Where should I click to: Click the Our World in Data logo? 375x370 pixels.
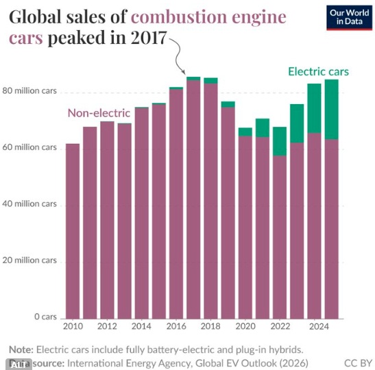click(x=349, y=18)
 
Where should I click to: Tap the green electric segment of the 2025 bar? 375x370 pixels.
click(x=332, y=110)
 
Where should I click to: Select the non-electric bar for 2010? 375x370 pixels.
click(x=73, y=231)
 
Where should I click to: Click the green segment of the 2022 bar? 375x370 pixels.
click(x=280, y=141)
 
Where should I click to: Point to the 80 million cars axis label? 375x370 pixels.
click(x=29, y=91)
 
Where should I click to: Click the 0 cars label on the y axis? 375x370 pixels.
click(x=45, y=317)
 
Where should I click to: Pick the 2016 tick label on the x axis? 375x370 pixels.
click(x=176, y=326)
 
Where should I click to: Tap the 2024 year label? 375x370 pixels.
click(x=319, y=326)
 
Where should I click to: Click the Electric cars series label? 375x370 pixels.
click(x=318, y=71)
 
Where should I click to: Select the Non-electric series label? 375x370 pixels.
click(x=99, y=113)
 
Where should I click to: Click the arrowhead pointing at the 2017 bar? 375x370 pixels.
click(x=183, y=72)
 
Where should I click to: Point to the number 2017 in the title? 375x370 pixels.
click(x=149, y=38)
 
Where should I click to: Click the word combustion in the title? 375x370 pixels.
click(x=179, y=16)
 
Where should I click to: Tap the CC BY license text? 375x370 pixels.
click(x=358, y=363)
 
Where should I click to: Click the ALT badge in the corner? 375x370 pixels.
click(x=19, y=365)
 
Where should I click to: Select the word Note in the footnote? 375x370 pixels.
click(x=21, y=349)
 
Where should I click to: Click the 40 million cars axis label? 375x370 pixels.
click(x=29, y=204)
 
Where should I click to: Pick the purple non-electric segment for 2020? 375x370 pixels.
click(x=245, y=227)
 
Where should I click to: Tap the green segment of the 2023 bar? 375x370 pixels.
click(x=297, y=123)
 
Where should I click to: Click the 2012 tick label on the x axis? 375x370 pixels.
click(x=107, y=326)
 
